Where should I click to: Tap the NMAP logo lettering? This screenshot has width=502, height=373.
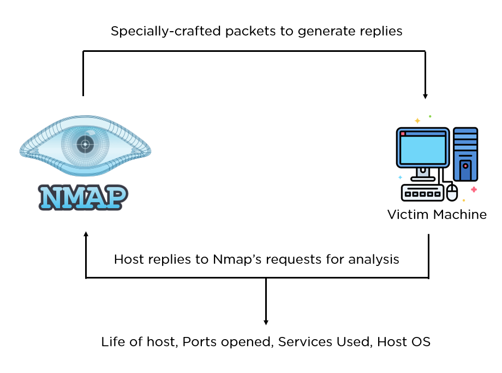pos(83,197)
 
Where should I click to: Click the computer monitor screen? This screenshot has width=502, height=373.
pos(422,147)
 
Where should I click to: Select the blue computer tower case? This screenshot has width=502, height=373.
pos(465,154)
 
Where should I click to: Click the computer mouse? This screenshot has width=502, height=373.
pos(452,192)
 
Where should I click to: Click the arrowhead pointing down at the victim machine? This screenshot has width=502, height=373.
pos(425,96)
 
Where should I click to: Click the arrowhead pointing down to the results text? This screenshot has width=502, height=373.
pos(266,322)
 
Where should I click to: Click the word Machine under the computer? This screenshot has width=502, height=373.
pos(460,215)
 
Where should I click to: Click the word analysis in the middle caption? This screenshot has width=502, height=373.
pos(376,259)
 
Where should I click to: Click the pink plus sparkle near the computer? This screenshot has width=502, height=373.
pos(474,190)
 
